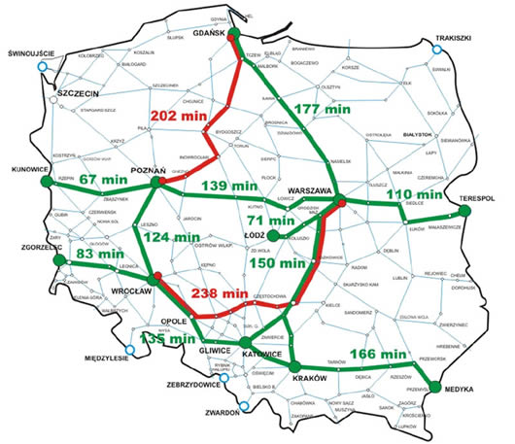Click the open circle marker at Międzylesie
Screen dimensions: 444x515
pos(130,351)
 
